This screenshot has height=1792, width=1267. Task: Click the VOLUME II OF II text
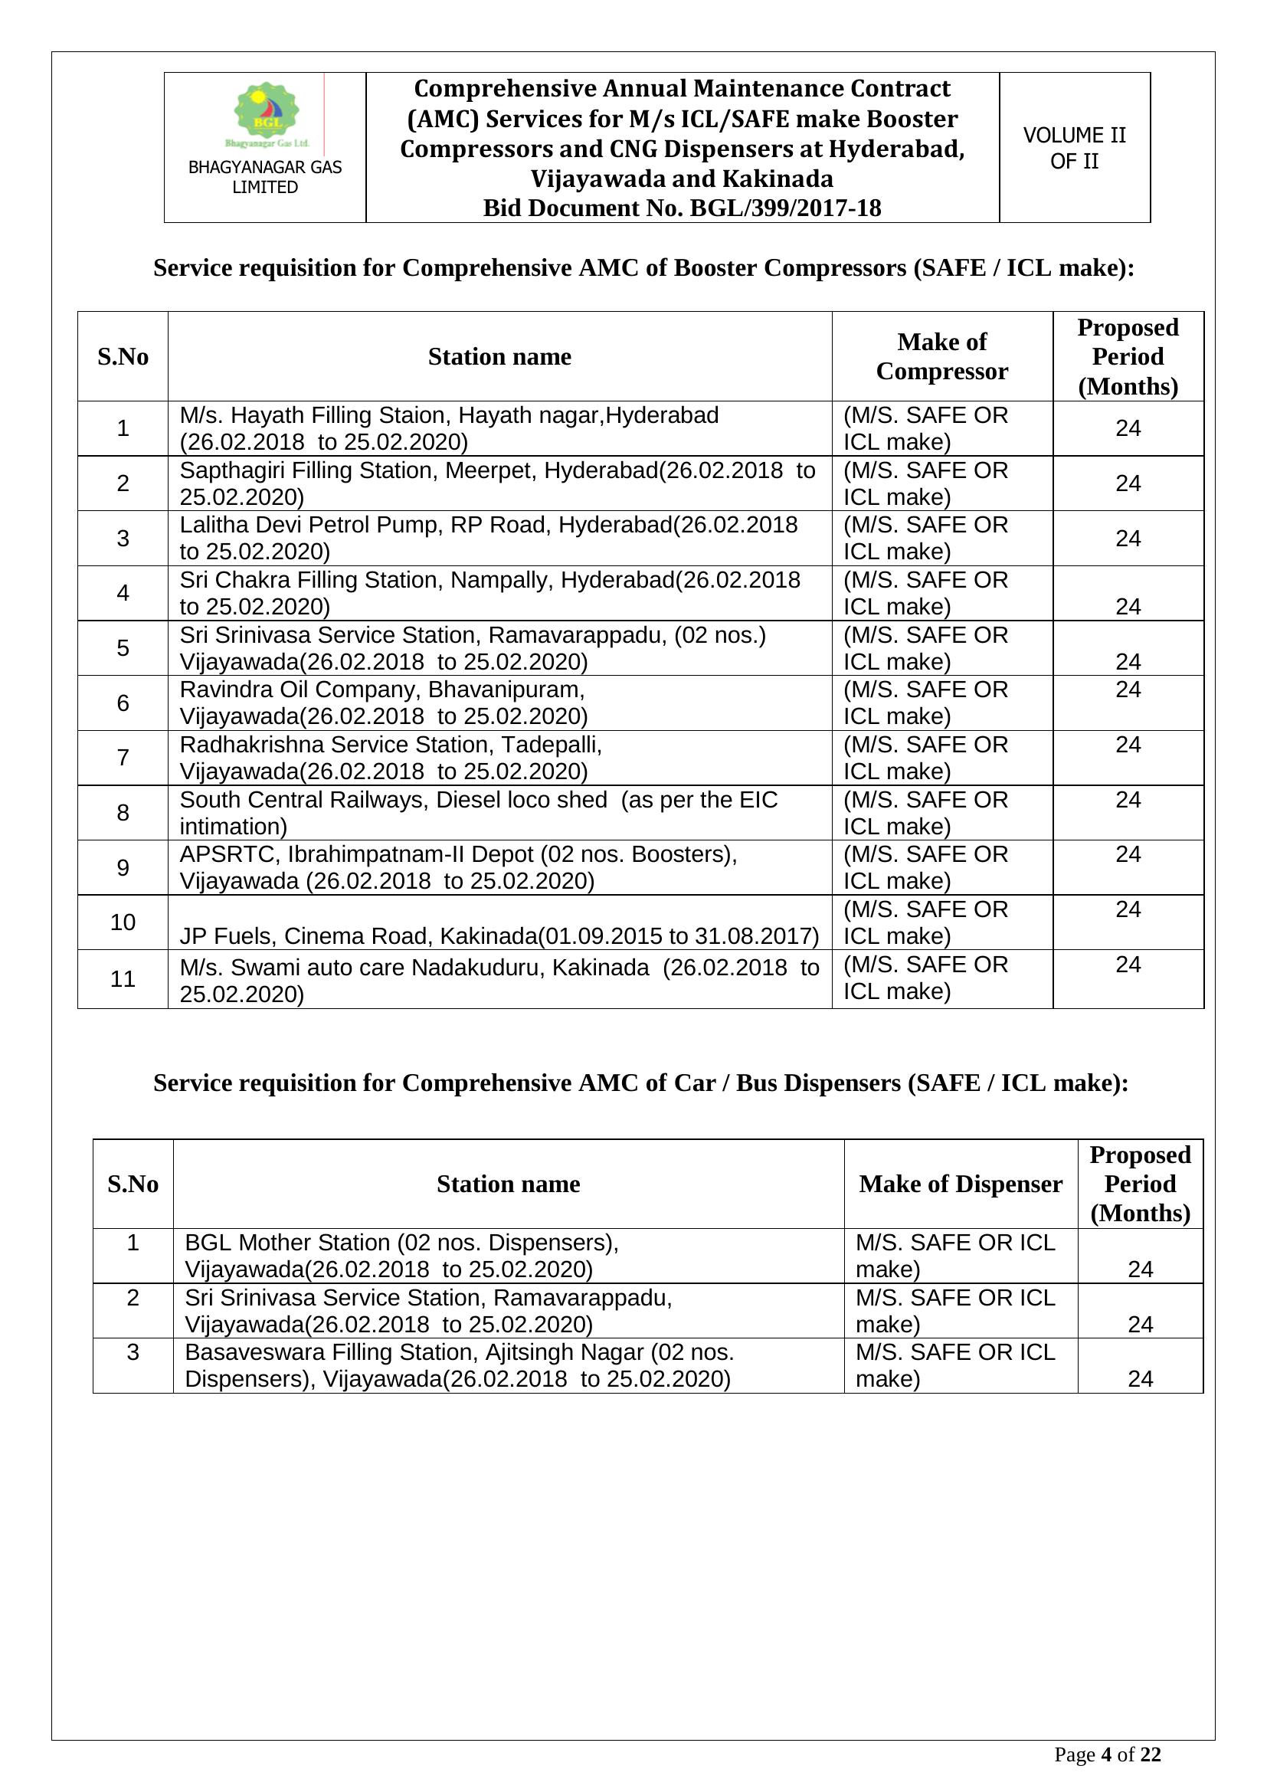pyautogui.click(x=1073, y=148)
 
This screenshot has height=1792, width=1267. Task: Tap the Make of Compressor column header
pyautogui.click(x=941, y=356)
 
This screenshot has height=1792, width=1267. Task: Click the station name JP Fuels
pyautogui.click(x=222, y=935)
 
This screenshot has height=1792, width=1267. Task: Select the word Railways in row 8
pyautogui.click(x=384, y=800)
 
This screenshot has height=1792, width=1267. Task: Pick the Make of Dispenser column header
pyautogui.click(x=960, y=1184)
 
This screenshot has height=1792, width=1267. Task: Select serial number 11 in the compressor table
pyautogui.click(x=123, y=978)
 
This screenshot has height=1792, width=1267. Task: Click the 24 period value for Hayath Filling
pyautogui.click(x=1128, y=428)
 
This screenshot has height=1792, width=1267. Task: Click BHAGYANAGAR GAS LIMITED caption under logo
pyautogui.click(x=265, y=177)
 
